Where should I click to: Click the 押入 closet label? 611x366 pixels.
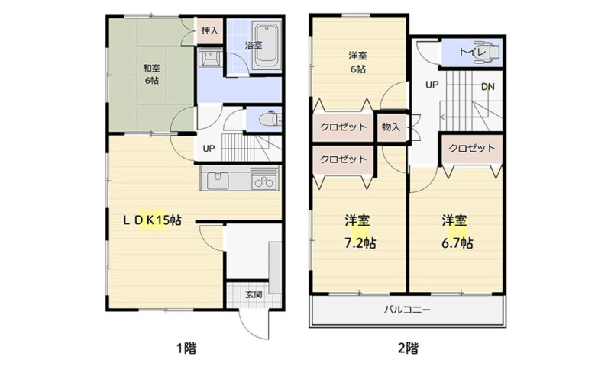click(209, 30)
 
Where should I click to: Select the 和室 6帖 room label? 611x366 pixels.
click(151, 74)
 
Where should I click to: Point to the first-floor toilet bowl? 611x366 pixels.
click(269, 119)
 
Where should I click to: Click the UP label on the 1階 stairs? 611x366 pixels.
click(209, 148)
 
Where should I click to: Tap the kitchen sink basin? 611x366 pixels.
click(218, 180)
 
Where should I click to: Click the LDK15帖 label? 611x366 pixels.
click(152, 220)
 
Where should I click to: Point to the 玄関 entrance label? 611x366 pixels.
click(254, 294)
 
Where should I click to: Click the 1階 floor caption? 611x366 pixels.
click(186, 348)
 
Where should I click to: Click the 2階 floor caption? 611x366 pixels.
click(408, 348)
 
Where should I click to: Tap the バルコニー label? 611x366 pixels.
click(408, 310)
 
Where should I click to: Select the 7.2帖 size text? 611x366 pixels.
click(360, 243)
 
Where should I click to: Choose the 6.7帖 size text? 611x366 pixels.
click(457, 243)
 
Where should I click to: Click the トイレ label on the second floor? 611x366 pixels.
click(472, 52)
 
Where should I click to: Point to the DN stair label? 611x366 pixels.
click(488, 86)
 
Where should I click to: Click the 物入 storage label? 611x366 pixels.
click(390, 127)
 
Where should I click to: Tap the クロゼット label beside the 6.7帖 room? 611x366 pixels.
click(472, 148)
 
